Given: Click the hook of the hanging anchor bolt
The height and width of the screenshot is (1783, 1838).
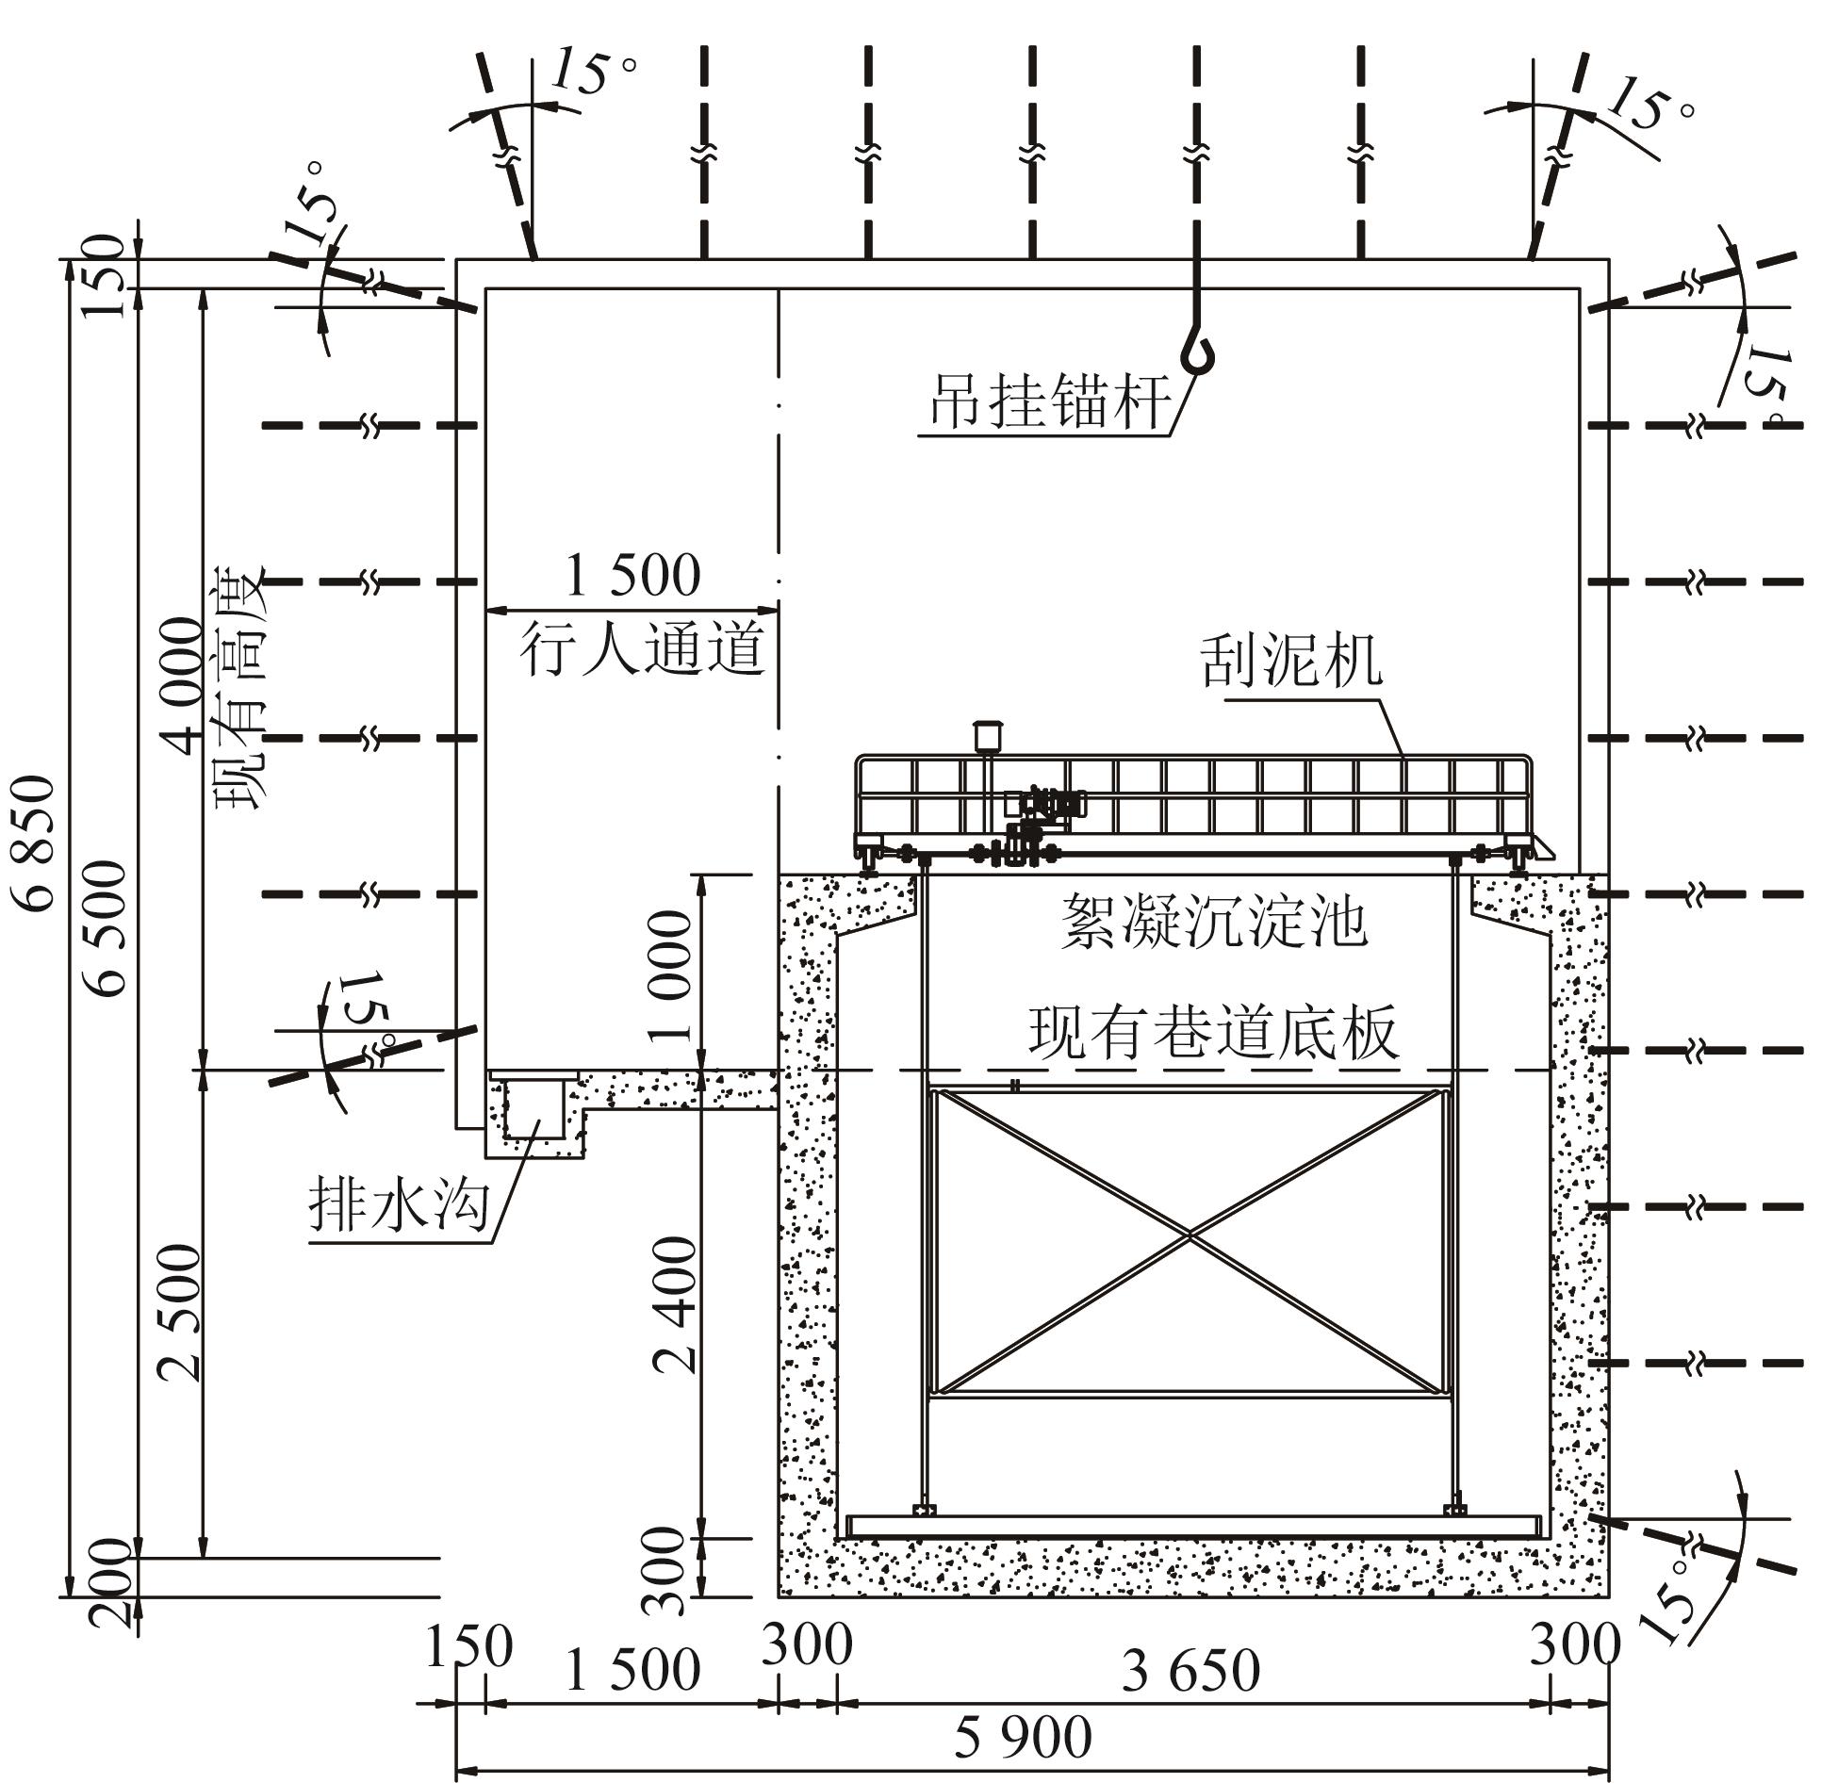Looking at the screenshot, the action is click(1197, 353).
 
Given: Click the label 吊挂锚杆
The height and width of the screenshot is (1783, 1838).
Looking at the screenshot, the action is click(1051, 401).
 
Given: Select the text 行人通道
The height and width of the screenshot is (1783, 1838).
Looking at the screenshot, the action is click(642, 650).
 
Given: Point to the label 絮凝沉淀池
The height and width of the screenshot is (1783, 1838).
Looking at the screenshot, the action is click(1214, 921).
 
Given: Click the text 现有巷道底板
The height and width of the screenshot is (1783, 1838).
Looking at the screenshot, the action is click(1212, 1034).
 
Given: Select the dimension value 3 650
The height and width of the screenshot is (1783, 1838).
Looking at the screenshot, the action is click(1190, 1671).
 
